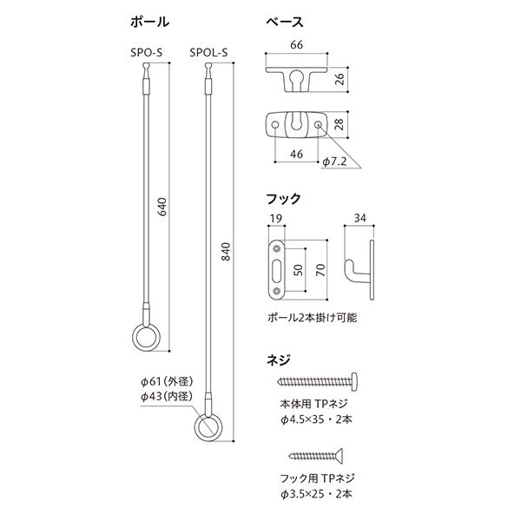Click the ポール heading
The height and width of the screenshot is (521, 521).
150,22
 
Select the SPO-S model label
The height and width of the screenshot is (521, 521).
146,52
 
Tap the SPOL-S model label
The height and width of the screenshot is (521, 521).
208,52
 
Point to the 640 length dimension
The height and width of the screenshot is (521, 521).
162,207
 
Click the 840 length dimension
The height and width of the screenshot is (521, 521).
226,252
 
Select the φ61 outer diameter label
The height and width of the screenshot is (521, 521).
167,381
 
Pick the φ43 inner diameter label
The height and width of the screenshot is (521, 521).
167,396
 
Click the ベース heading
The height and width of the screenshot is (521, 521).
285,22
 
